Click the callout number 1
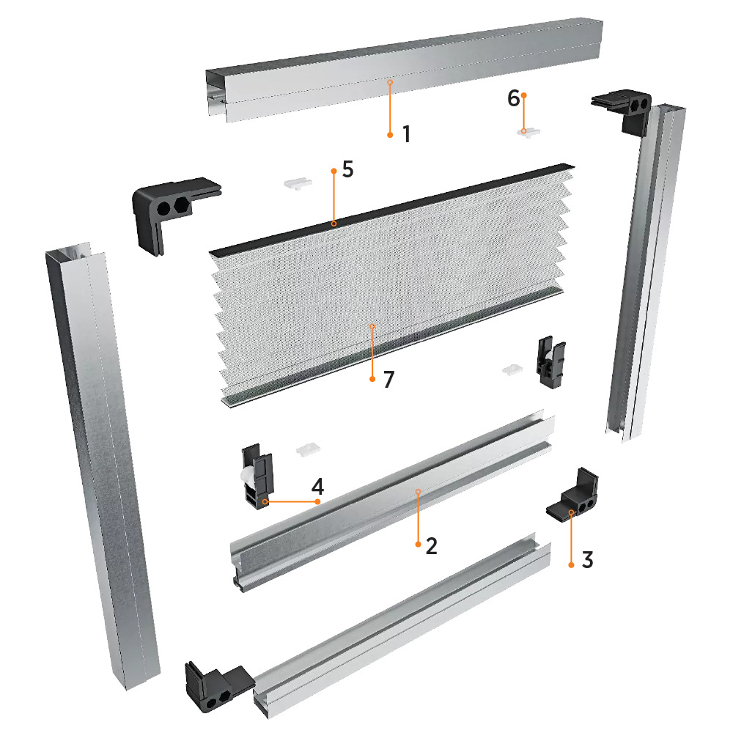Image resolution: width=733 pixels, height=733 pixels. (407, 134)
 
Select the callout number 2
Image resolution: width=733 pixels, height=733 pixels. (432, 545)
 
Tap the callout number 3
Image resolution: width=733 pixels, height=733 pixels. (587, 559)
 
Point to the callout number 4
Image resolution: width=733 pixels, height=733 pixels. (318, 487)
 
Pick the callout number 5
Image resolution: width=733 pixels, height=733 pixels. (347, 169)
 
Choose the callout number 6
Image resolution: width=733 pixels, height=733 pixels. (513, 98)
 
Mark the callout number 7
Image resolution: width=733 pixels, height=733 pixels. (389, 380)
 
